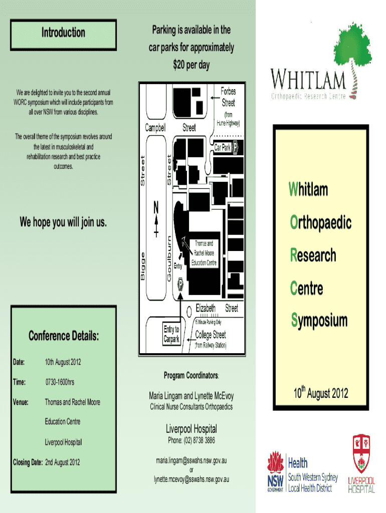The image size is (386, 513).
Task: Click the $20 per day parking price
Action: pos(190,65)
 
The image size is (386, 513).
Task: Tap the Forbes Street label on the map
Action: pos(228,97)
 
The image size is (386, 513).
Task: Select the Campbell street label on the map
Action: pos(155,128)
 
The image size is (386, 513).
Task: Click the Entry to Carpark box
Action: pos(171,334)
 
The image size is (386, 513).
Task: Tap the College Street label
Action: pos(211,335)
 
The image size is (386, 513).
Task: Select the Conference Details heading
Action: pos(63,336)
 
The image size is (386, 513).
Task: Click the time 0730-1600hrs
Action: pos(60,382)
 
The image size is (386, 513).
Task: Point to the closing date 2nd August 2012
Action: pos(62,462)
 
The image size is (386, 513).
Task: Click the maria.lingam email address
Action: pos(191,459)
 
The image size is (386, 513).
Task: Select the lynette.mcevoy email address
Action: pos(191,479)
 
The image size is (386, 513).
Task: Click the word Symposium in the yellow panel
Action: pos(319,321)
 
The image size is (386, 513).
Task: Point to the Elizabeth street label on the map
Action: pos(206,308)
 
